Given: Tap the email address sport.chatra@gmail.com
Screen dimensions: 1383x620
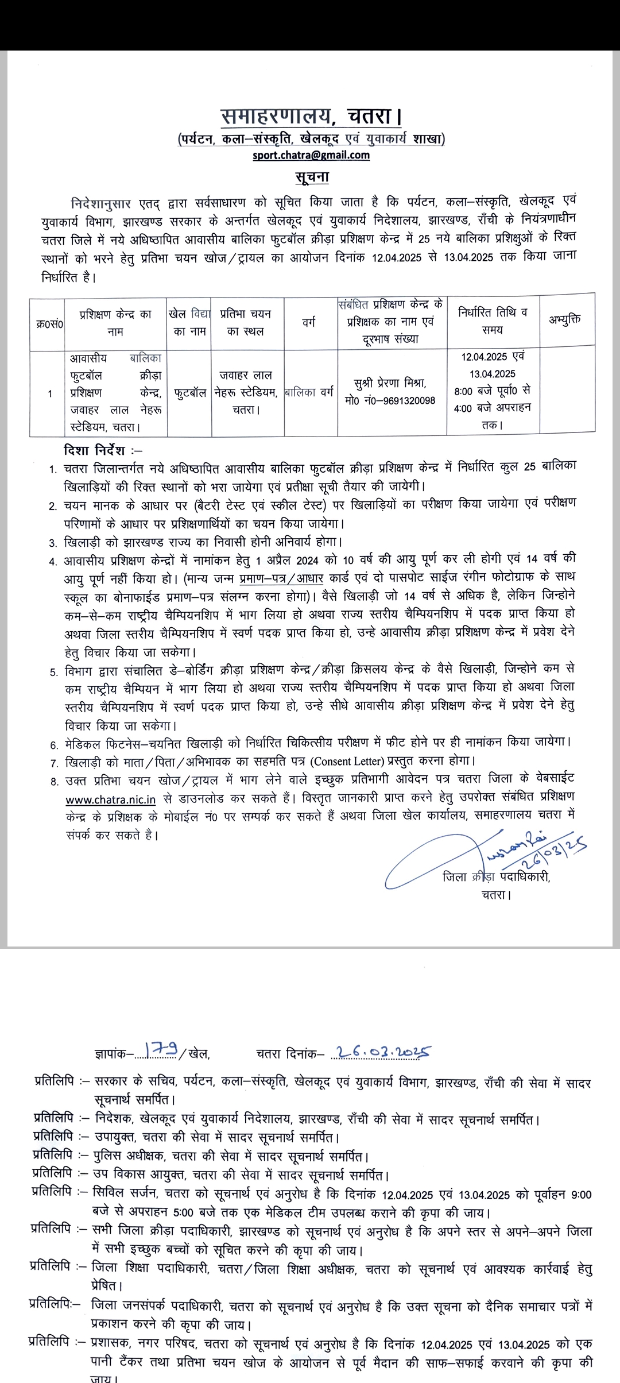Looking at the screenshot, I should click(311, 155).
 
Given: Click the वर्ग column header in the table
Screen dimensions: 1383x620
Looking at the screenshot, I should click(309, 322).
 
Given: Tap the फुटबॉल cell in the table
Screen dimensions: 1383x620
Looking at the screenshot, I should click(189, 393).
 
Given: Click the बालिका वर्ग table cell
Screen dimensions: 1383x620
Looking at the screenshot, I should click(309, 393).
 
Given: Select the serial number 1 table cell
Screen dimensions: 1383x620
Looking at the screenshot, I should click(50, 393).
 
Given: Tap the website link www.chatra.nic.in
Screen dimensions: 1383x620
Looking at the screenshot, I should click(111, 799).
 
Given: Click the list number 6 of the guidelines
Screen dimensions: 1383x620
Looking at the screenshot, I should click(54, 745).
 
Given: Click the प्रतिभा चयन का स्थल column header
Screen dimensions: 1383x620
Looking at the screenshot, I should click(245, 322).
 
